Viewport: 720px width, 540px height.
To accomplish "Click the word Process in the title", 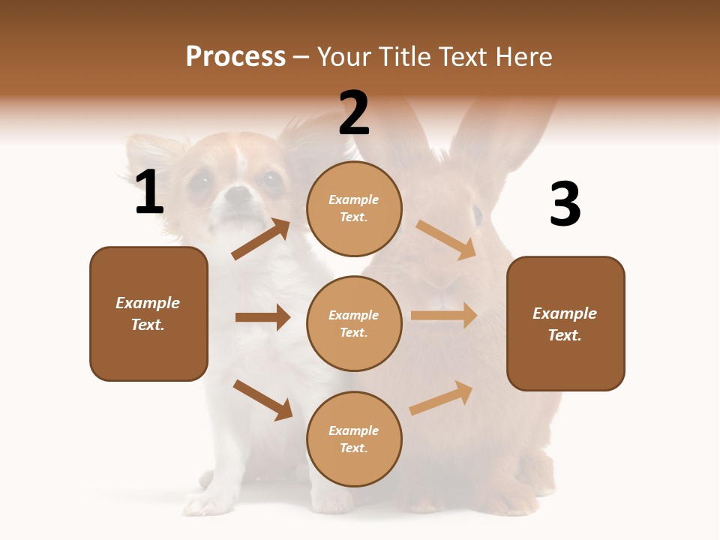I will (x=235, y=57).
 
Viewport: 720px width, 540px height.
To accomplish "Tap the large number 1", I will (x=149, y=193).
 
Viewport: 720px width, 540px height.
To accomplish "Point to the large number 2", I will (x=354, y=113).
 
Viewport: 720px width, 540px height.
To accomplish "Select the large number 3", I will (x=565, y=205).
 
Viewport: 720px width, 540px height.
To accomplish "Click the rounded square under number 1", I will (x=148, y=313).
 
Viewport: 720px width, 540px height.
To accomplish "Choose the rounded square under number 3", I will (x=565, y=324).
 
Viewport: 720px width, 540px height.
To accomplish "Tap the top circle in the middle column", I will (x=354, y=208).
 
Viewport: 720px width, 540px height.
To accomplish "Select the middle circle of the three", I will (x=354, y=323).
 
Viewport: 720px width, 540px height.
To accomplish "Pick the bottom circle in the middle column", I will (x=354, y=439).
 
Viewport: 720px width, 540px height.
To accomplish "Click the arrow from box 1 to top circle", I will (x=261, y=238).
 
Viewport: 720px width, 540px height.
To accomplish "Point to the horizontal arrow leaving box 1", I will (x=262, y=317).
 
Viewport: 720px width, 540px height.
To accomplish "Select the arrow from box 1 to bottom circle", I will (x=262, y=400).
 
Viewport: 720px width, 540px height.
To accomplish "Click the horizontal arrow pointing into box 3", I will (x=444, y=316).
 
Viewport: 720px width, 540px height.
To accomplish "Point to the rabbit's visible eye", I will (x=477, y=215).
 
